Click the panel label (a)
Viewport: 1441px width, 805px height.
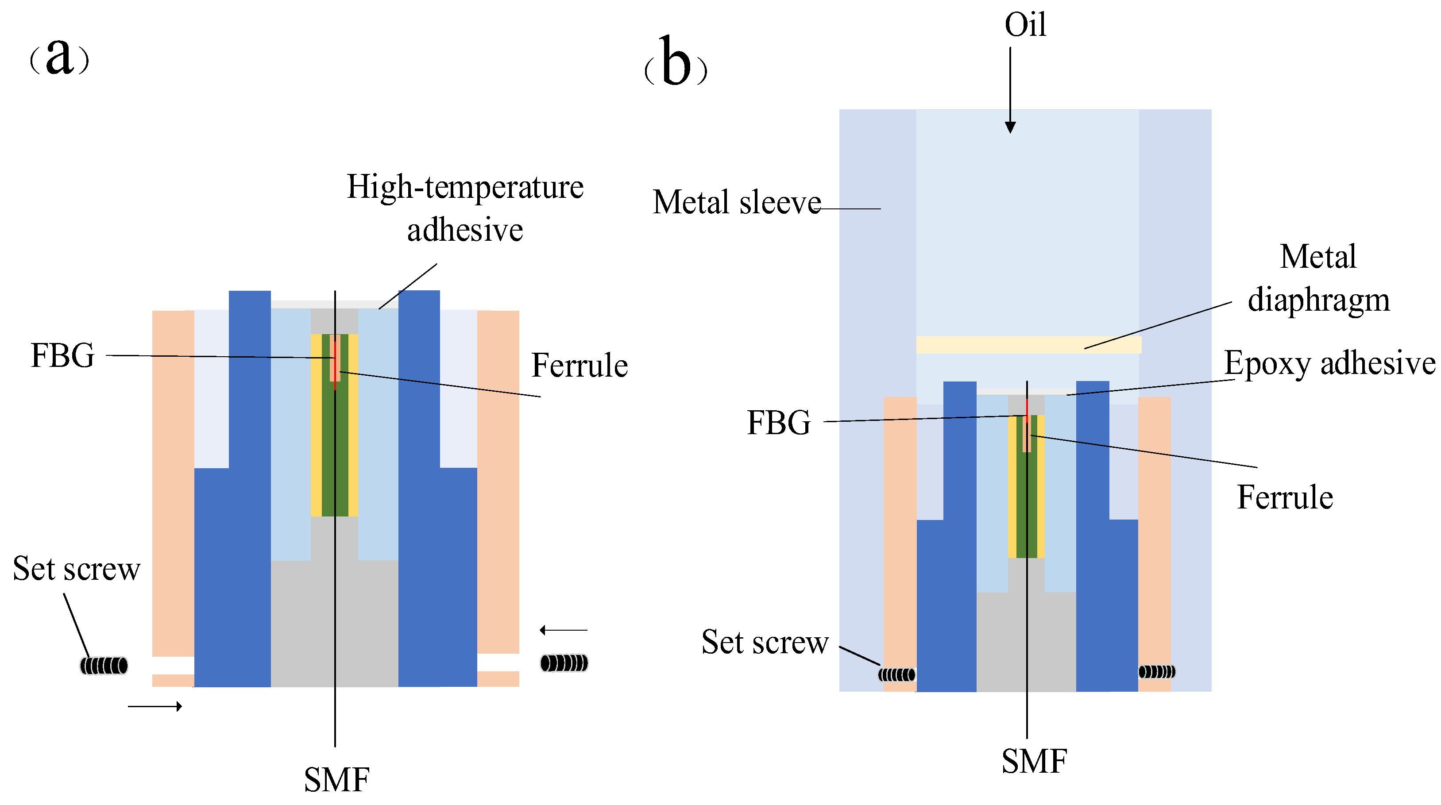[59, 58]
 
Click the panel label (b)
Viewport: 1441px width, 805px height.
[676, 65]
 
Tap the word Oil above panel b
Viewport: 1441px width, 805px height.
[1025, 25]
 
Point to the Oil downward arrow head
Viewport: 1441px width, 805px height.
[1010, 127]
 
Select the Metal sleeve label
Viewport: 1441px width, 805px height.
[736, 202]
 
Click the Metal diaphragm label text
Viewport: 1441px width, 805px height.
[1318, 278]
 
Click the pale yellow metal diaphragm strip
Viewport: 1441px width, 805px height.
[1028, 344]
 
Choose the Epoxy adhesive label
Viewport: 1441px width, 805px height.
[1329, 363]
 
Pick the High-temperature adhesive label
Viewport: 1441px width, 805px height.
[465, 208]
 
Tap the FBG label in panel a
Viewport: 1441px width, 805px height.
[63, 355]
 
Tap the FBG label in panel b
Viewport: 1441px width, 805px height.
[779, 423]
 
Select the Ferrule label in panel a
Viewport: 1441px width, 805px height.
[579, 366]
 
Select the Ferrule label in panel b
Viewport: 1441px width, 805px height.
[1285, 497]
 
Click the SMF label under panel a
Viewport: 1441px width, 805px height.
[337, 779]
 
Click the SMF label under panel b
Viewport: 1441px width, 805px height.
[1034, 761]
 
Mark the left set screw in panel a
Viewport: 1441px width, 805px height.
[104, 666]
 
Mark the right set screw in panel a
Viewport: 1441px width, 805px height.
[564, 663]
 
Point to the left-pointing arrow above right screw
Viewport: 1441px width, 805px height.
[563, 631]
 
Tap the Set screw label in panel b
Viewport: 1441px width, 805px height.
[765, 642]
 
